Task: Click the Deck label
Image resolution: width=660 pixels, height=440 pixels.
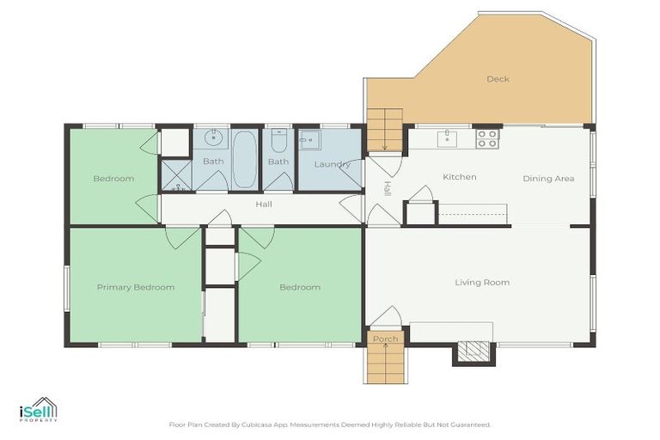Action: point(498,79)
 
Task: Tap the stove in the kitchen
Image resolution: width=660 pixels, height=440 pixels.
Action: point(487,138)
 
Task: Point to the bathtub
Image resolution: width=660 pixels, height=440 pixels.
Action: point(245,159)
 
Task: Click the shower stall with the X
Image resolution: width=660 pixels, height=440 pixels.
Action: point(176,174)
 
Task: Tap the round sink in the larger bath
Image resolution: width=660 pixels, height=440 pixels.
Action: point(212,137)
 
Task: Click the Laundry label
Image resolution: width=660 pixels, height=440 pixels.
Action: point(331,164)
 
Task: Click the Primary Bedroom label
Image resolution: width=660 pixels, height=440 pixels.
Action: point(135,287)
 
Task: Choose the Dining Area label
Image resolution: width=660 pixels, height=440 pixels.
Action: point(548,179)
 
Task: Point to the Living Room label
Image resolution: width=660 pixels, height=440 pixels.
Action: point(482,282)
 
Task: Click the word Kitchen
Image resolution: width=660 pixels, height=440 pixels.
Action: point(459,177)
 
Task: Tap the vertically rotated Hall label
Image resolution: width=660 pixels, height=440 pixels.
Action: point(388,188)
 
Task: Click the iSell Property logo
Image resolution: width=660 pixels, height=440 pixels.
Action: point(38,410)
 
